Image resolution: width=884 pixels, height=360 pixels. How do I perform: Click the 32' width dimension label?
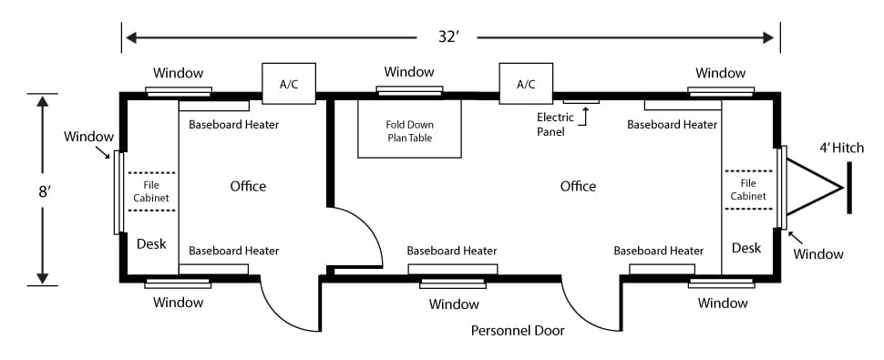tap(448, 36)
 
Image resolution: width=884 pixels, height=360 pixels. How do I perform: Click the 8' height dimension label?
tap(45, 191)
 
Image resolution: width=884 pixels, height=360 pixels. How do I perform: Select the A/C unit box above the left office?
tap(289, 83)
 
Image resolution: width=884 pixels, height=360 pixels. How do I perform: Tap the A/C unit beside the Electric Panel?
tap(526, 83)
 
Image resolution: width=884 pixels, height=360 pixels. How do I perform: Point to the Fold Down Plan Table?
tap(410, 129)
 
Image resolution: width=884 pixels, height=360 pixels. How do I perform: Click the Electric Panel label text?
tap(555, 124)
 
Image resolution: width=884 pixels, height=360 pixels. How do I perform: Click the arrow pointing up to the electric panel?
tap(586, 116)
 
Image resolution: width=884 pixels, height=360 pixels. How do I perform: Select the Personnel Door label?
tap(518, 331)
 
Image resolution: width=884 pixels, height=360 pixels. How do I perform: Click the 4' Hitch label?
tap(841, 149)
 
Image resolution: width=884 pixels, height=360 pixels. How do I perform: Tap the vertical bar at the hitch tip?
tap(849, 188)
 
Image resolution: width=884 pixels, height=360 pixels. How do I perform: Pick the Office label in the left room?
tap(248, 186)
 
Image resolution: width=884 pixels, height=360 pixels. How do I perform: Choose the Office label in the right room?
tap(578, 186)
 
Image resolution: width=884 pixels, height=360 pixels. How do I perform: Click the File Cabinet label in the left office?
tap(151, 191)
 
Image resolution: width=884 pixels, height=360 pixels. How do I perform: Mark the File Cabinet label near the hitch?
tap(748, 190)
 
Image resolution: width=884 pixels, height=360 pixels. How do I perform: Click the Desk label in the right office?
tap(746, 247)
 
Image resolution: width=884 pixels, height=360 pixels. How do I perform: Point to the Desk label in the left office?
tap(151, 244)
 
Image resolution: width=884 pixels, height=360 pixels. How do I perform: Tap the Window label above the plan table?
tap(409, 72)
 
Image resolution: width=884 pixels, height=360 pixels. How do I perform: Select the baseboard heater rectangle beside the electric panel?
tap(683, 105)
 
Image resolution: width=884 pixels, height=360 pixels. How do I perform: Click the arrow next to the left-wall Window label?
tap(103, 152)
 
